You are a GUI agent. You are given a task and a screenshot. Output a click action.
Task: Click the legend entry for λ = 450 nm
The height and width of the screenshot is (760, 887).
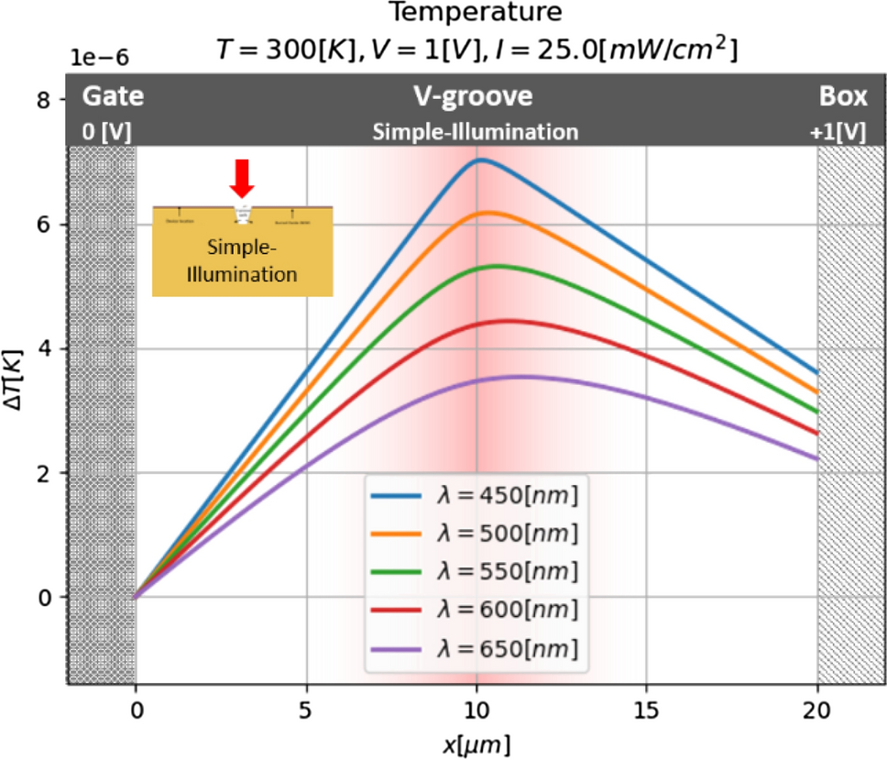click(476, 496)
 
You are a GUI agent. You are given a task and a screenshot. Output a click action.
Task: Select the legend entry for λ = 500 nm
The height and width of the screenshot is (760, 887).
click(476, 534)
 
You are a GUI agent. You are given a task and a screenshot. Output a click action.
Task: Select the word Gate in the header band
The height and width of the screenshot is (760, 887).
click(113, 97)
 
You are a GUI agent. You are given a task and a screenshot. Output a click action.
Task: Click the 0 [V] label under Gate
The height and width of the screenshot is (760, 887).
click(108, 131)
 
